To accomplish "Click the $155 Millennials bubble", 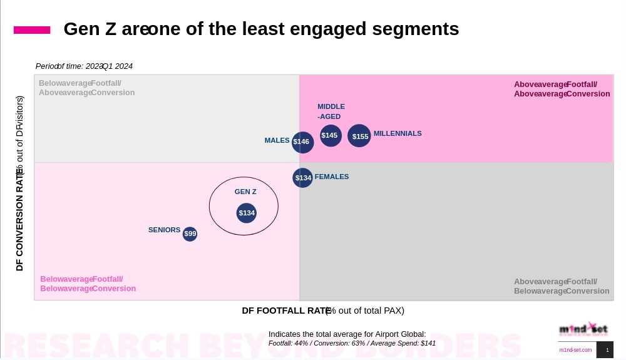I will click(359, 136).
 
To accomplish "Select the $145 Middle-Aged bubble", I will click(331, 135).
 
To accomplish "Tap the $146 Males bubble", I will click(302, 142).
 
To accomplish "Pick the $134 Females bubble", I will click(303, 178).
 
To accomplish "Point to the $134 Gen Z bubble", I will click(247, 213).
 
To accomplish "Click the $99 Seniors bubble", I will click(190, 234).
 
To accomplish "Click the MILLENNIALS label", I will click(398, 133).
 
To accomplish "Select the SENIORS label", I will click(164, 230).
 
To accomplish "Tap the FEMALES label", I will click(332, 177).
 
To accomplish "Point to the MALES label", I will click(277, 140).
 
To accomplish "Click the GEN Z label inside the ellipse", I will click(245, 192).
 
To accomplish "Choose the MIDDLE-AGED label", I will click(331, 111).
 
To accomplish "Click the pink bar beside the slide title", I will click(32, 30).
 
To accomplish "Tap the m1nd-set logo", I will click(583, 329).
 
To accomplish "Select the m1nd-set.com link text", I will click(575, 350).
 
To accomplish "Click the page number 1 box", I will click(605, 350).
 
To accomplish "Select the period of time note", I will click(84, 66).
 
